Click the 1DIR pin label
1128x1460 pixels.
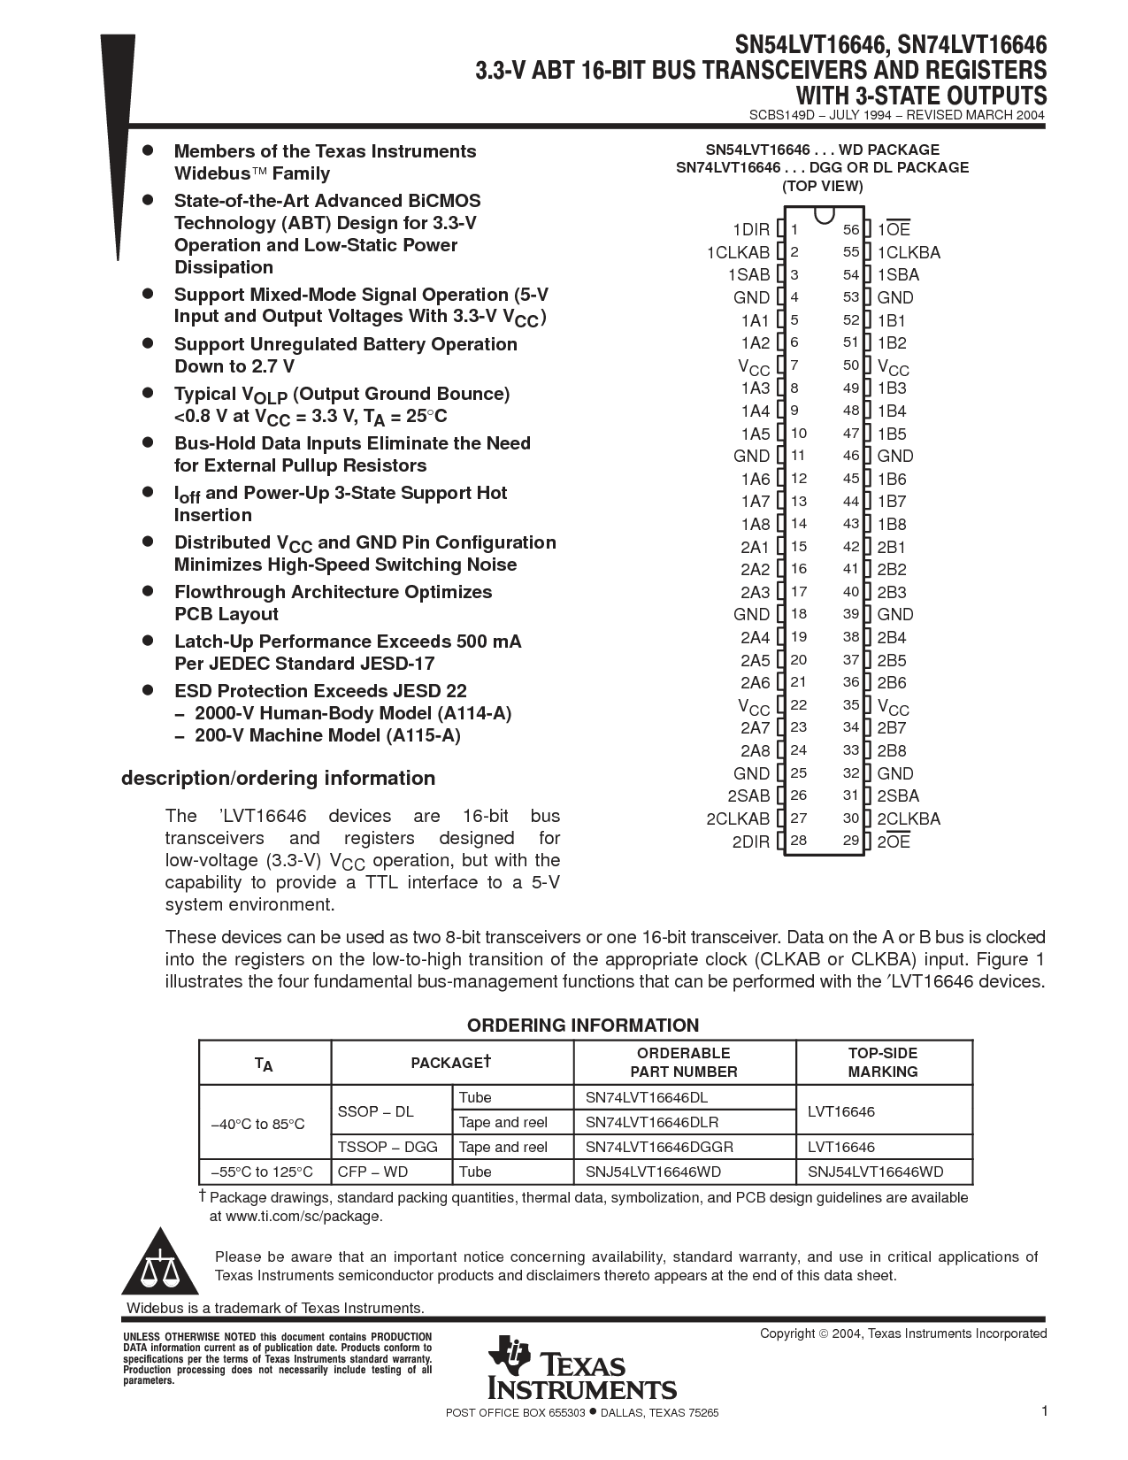(x=751, y=230)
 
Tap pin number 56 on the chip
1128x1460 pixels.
(x=851, y=230)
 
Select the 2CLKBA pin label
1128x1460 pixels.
(x=909, y=818)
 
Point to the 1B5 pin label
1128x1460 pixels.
(x=892, y=434)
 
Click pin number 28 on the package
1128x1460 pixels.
(x=799, y=841)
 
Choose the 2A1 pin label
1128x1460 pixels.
(x=755, y=547)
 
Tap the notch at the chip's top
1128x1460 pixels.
(x=824, y=214)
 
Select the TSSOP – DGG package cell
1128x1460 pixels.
(x=388, y=1147)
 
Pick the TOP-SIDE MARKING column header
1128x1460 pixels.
(x=883, y=1062)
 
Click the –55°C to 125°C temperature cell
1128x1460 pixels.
(x=263, y=1172)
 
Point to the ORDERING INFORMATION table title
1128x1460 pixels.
(x=583, y=1026)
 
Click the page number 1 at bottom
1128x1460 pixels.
(x=1044, y=1411)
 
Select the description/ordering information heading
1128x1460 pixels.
(x=278, y=778)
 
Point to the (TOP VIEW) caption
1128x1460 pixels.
(x=822, y=186)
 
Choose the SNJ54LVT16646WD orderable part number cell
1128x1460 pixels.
(x=653, y=1172)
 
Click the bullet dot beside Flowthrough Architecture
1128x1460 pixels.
(x=149, y=590)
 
